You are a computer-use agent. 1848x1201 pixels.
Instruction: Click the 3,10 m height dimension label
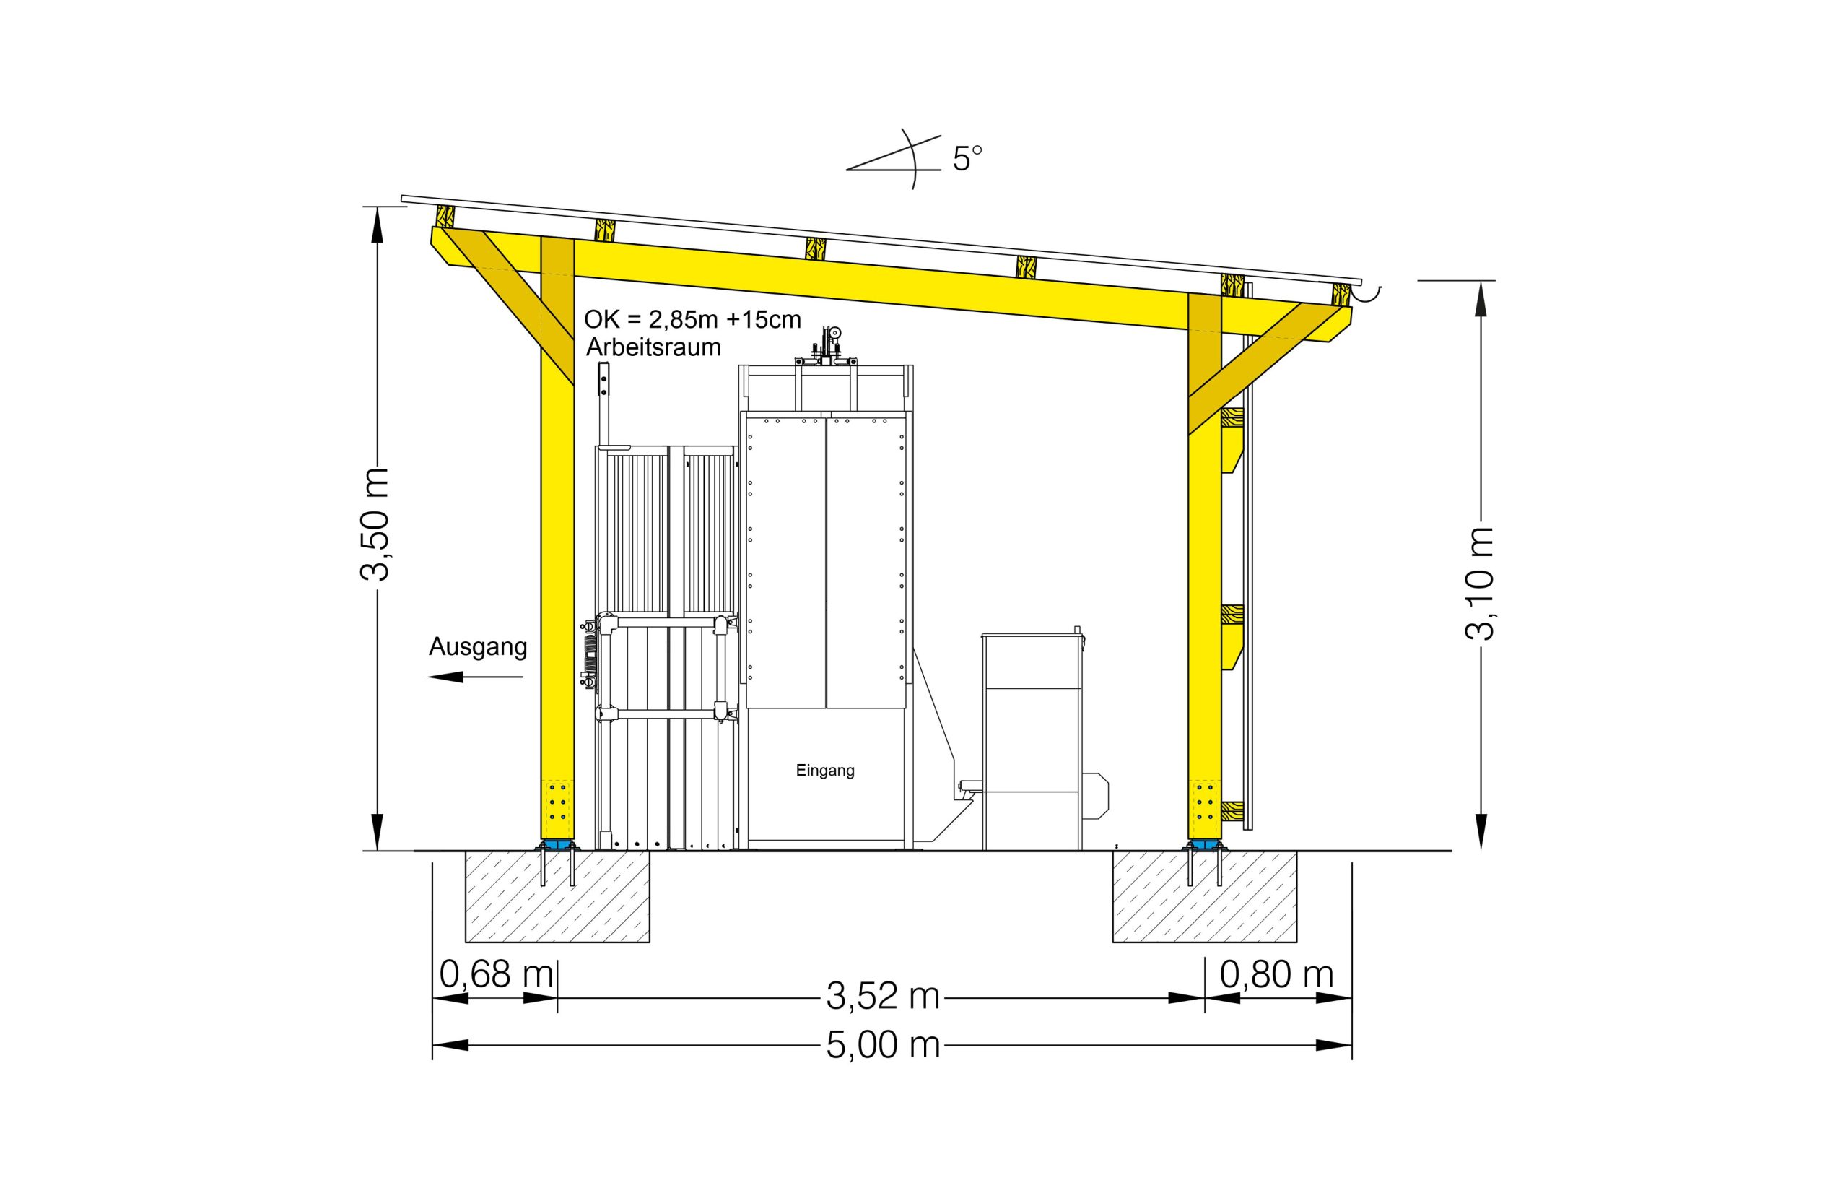click(1479, 584)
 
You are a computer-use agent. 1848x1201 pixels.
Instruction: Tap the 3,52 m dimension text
click(883, 996)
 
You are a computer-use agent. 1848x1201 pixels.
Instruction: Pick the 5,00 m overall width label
click(883, 1046)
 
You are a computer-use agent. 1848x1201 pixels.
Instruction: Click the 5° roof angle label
click(967, 160)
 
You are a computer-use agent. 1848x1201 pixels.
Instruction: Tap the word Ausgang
click(479, 646)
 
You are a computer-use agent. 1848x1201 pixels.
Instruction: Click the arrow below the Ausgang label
click(475, 677)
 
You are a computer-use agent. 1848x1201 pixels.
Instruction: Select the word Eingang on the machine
click(825, 771)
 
